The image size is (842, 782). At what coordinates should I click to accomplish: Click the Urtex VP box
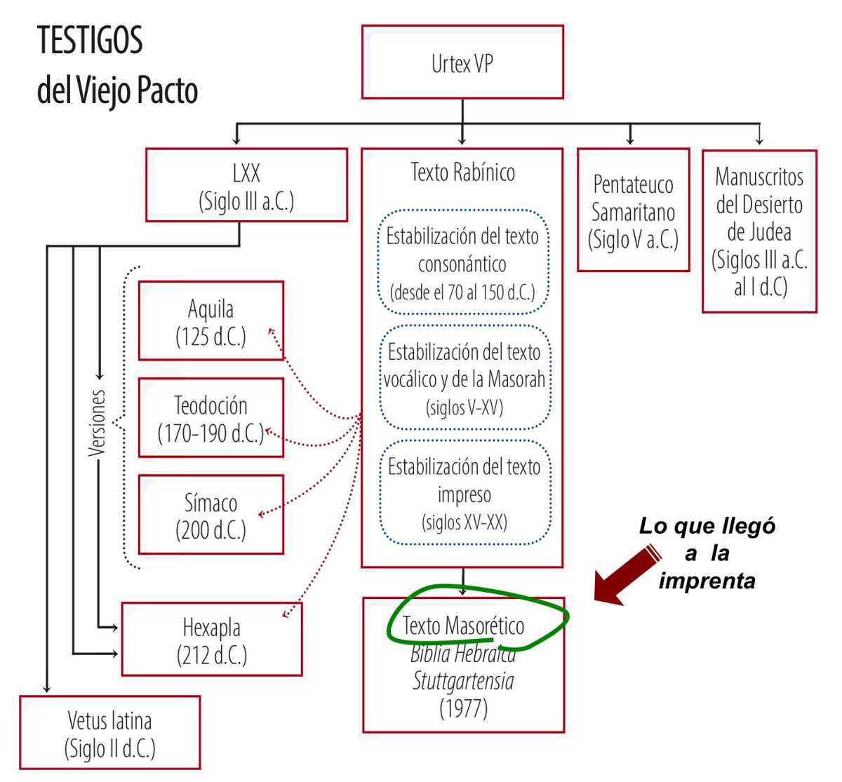462,62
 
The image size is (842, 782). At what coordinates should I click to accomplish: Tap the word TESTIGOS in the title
90,40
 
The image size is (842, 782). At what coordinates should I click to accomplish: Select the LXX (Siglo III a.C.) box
246,186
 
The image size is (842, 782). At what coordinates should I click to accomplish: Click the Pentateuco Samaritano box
633,210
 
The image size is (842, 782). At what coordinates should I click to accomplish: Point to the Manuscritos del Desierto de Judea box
759,231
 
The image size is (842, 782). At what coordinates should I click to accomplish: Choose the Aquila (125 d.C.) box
210,321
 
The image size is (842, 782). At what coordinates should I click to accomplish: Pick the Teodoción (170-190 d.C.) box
210,418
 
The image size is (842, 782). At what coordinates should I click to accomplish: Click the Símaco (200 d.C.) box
210,515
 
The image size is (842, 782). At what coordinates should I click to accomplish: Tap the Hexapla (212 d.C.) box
212,639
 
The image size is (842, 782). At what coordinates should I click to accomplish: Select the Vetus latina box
109,733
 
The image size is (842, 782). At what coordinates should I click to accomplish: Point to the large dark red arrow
627,575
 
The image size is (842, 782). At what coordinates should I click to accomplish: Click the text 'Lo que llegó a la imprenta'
707,553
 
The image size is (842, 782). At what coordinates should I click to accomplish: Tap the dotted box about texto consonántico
462,263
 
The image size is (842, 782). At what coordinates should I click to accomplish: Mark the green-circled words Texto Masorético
464,625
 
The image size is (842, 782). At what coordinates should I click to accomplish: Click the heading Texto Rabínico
462,172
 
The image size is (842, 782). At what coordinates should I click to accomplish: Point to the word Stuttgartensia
463,681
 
